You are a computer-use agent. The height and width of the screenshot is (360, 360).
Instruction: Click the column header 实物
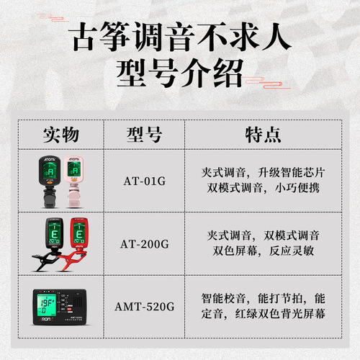61,135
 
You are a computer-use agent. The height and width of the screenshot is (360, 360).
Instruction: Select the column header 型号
144,135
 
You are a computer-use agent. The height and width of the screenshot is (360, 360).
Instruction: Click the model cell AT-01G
144,181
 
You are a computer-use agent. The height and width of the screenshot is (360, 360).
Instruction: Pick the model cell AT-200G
144,243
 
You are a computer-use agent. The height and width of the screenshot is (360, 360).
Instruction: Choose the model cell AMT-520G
144,306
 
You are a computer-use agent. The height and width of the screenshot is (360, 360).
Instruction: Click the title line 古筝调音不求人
180,38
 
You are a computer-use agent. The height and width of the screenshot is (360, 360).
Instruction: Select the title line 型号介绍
180,73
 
